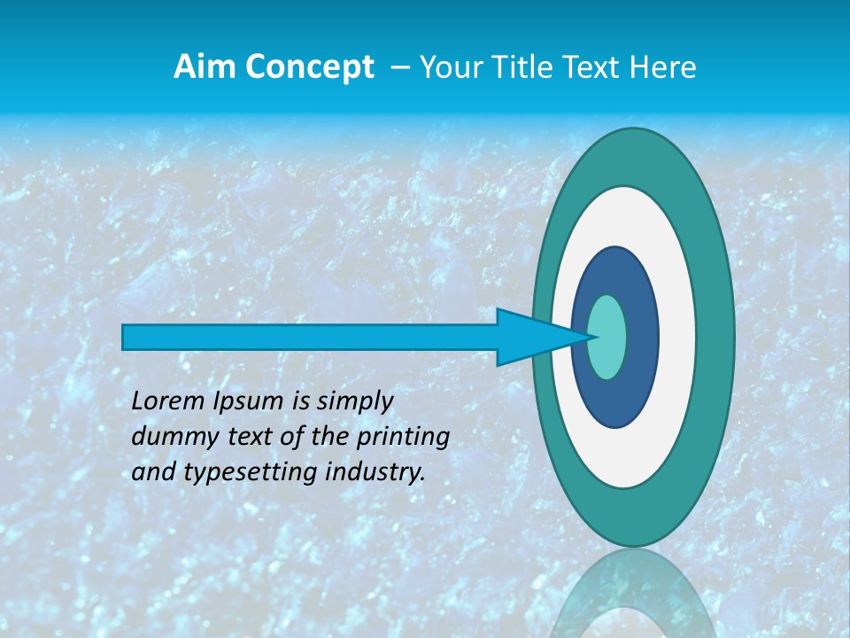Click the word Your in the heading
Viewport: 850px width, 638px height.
(451, 67)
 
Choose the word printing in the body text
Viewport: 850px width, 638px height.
(403, 438)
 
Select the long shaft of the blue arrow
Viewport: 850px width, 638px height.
(310, 337)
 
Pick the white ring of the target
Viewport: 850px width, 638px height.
(676, 337)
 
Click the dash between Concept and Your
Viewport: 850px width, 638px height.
(400, 67)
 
